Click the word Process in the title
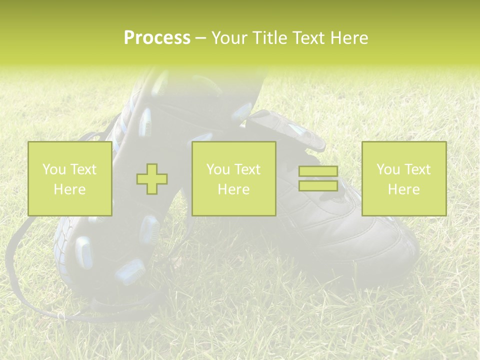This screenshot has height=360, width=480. pyautogui.click(x=157, y=38)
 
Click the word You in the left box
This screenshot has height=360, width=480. pyautogui.click(x=53, y=169)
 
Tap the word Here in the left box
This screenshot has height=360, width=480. pyautogui.click(x=69, y=189)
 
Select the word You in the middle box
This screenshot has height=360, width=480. pyautogui.click(x=218, y=169)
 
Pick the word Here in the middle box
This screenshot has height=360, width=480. pyautogui.click(x=233, y=189)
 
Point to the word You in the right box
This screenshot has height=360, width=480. pyautogui.click(x=388, y=169)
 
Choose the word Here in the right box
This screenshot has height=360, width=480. pyautogui.click(x=403, y=189)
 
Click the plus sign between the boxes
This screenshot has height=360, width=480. pyautogui.click(x=152, y=179)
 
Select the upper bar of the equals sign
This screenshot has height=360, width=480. pyautogui.click(x=318, y=171)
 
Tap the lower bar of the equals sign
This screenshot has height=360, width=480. pyautogui.click(x=318, y=185)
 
